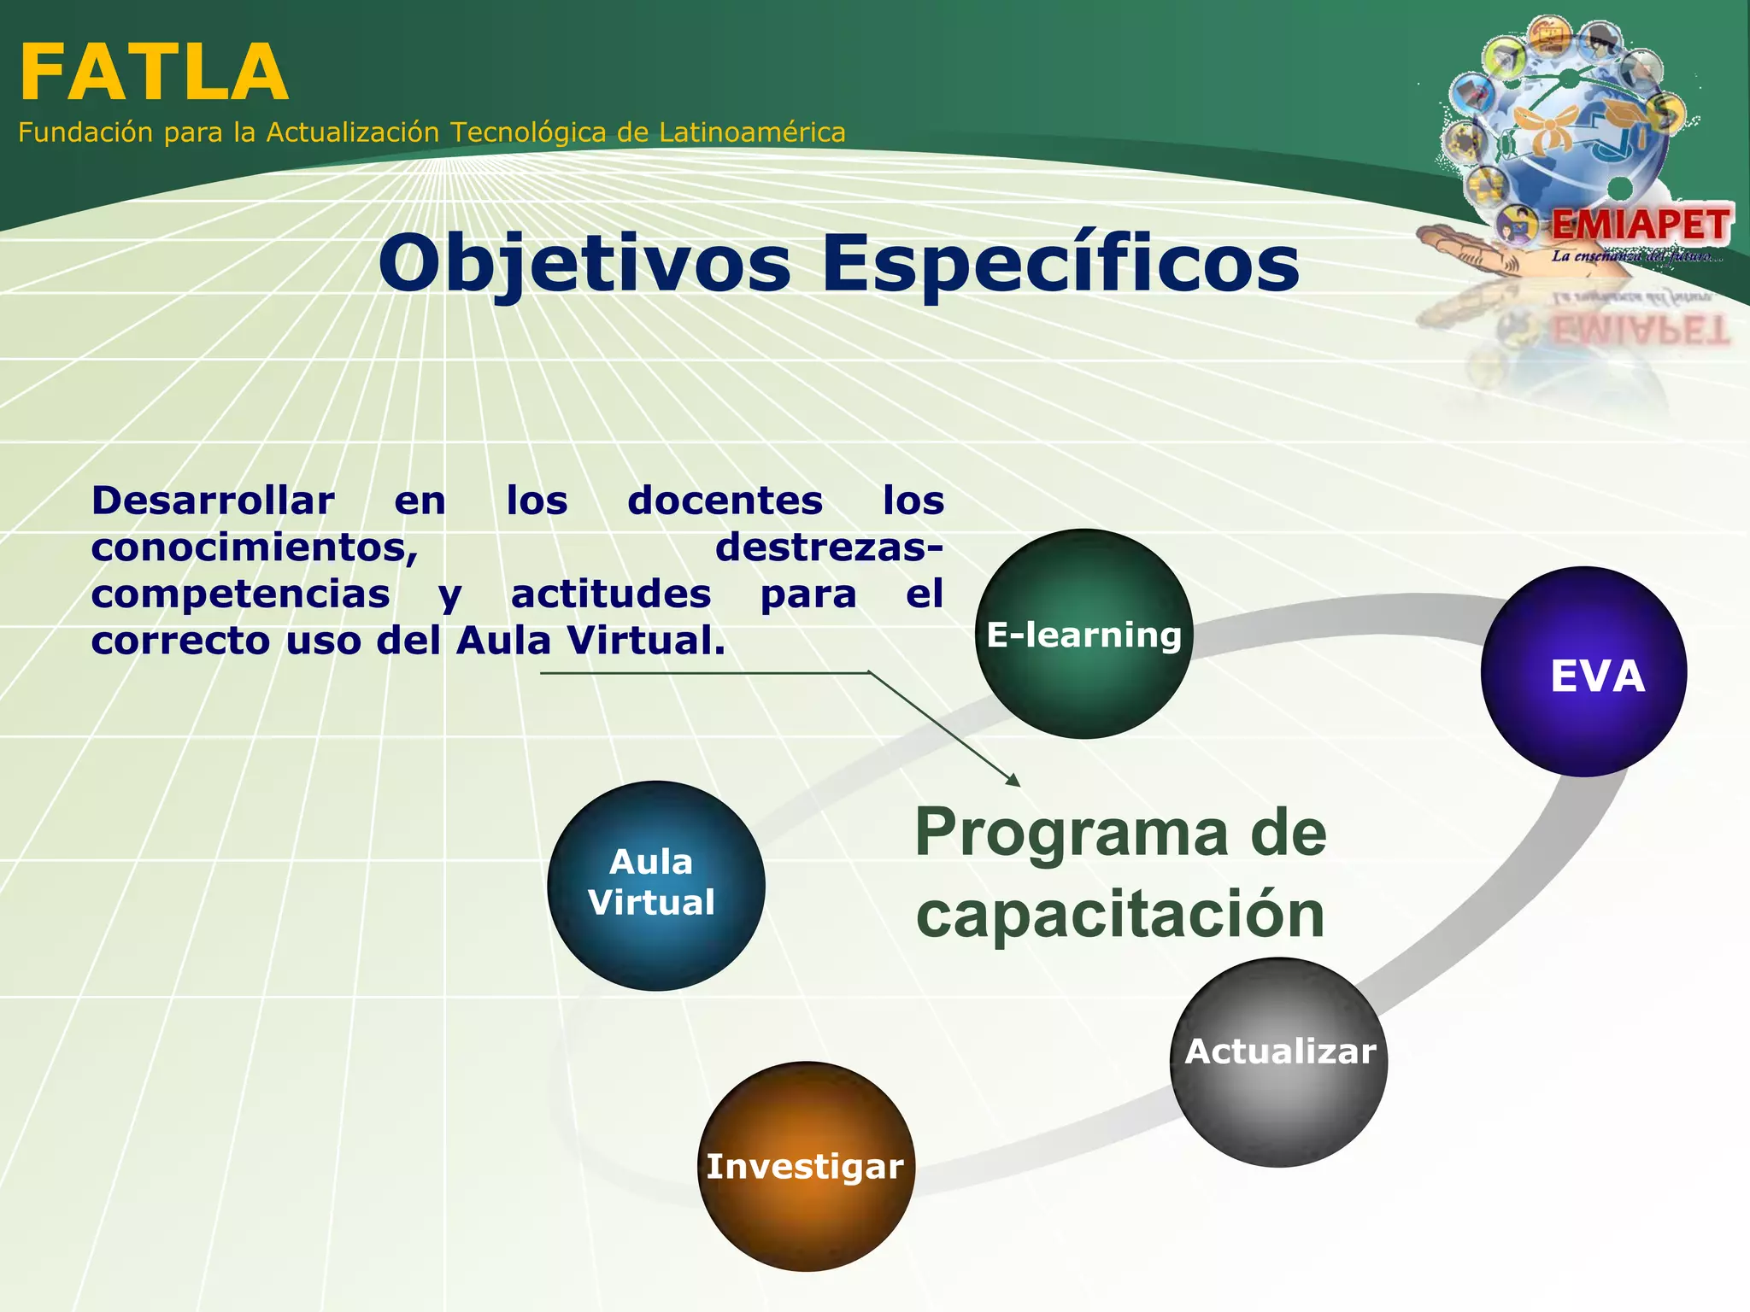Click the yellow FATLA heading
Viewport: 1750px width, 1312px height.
[154, 73]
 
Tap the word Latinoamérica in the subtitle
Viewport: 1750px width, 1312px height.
[752, 133]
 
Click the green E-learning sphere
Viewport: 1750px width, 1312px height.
[1083, 635]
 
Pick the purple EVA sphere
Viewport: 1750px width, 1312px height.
[1583, 672]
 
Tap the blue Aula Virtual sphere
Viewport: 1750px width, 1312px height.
[655, 885]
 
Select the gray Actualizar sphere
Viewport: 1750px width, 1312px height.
[1279, 1062]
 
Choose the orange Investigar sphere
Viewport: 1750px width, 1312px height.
[806, 1167]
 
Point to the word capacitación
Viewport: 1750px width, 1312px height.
[1119, 914]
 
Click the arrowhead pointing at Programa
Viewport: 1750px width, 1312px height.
[1014, 781]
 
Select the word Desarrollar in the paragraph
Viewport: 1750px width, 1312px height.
[213, 501]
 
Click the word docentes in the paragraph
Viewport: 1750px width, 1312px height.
[725, 501]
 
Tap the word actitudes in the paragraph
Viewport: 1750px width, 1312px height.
[610, 594]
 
